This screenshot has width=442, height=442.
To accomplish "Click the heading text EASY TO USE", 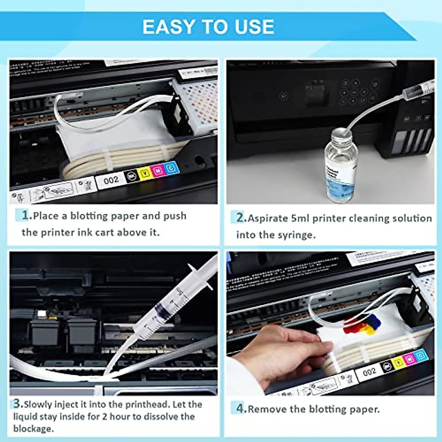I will (208, 27).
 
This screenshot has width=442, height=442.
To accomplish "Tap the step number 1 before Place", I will (25, 215).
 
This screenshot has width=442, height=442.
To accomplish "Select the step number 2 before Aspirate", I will (240, 218).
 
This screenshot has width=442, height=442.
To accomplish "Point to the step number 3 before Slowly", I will (18, 404).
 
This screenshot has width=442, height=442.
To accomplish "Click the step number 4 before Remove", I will (240, 408).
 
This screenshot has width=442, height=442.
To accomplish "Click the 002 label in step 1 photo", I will (111, 180).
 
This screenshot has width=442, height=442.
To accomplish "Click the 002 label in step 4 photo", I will (369, 372).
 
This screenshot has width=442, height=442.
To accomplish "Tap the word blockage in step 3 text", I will (34, 429).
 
